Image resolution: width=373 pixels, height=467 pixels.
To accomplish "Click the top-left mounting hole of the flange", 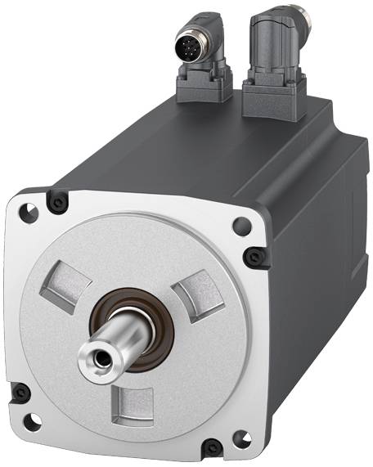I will [28, 212].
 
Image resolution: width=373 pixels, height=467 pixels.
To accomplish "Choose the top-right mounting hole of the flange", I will [240, 227].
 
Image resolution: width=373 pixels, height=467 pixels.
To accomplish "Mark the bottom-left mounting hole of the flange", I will [31, 424].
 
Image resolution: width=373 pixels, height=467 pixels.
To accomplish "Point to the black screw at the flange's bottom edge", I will [212, 447].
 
